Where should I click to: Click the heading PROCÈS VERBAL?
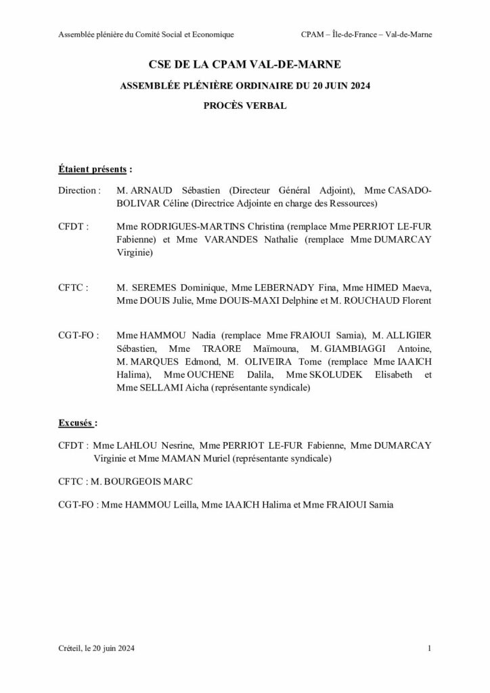click(244, 106)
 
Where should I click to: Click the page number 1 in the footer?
click(430, 649)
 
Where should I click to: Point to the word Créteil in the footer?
click(70, 649)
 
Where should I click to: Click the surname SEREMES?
click(154, 288)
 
